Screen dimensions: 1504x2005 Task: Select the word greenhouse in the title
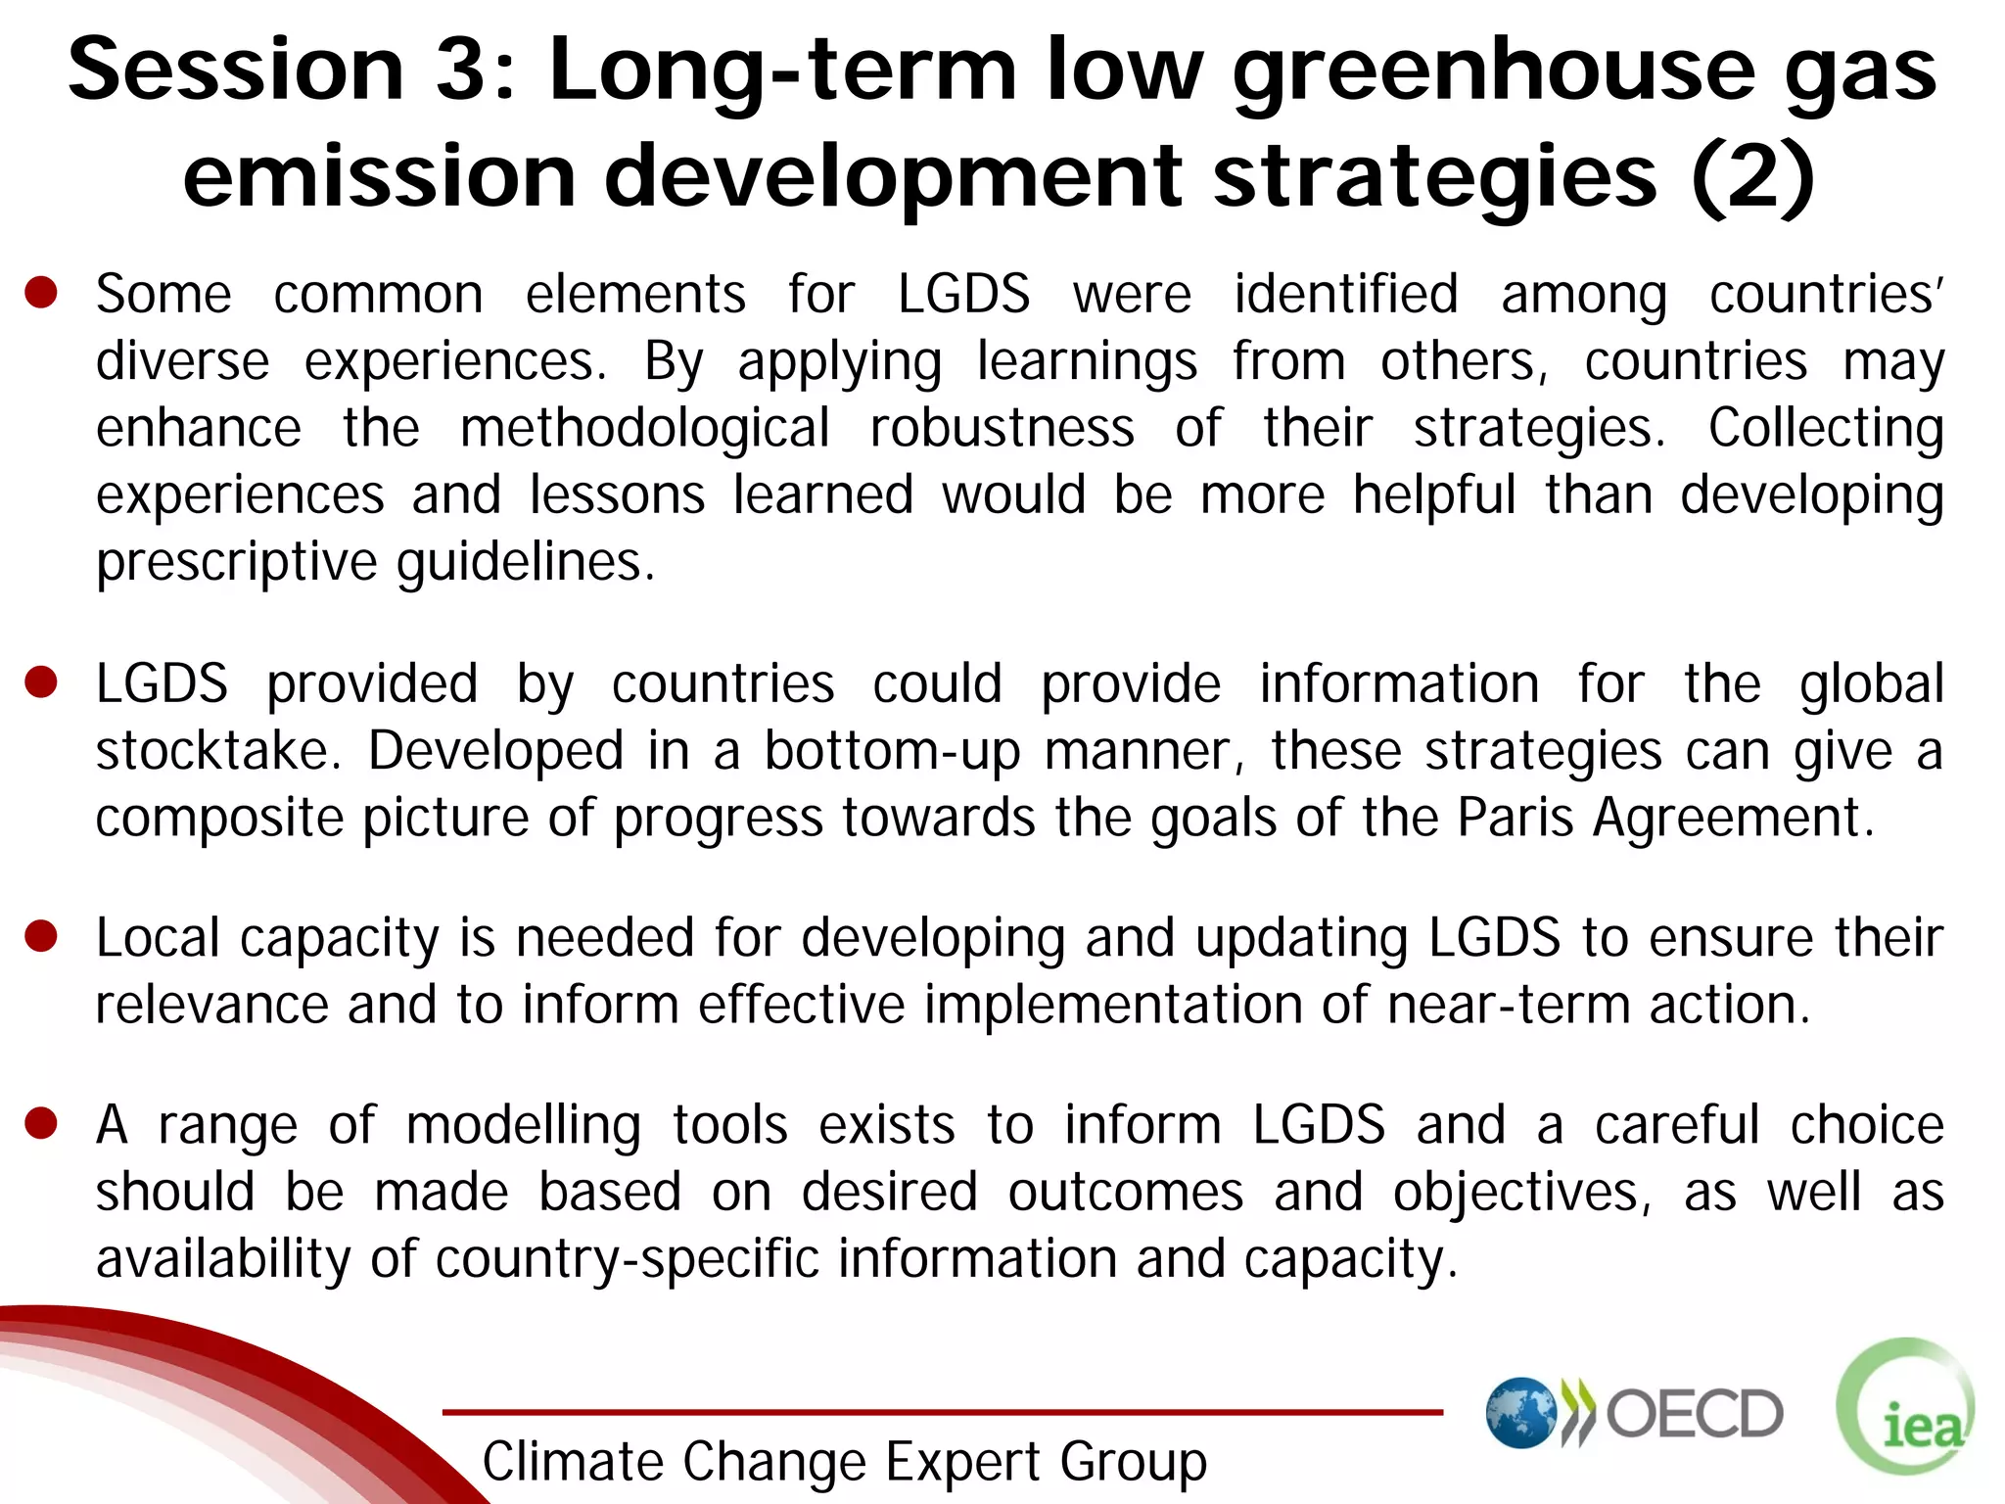[1494, 70]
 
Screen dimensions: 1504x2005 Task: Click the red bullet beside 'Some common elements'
[41, 292]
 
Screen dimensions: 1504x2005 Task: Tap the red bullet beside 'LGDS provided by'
[41, 681]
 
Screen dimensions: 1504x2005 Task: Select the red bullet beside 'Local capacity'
[41, 936]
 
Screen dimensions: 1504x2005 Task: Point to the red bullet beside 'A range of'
[41, 1123]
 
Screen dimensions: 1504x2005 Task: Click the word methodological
[644, 429]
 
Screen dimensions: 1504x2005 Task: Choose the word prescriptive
[236, 562]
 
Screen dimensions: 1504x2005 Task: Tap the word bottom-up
[892, 751]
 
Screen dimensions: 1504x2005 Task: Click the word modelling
[523, 1125]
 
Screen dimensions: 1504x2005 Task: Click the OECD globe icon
[1521, 1413]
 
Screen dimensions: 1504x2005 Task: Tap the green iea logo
[1906, 1406]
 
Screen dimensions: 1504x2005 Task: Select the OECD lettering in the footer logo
[1695, 1413]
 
